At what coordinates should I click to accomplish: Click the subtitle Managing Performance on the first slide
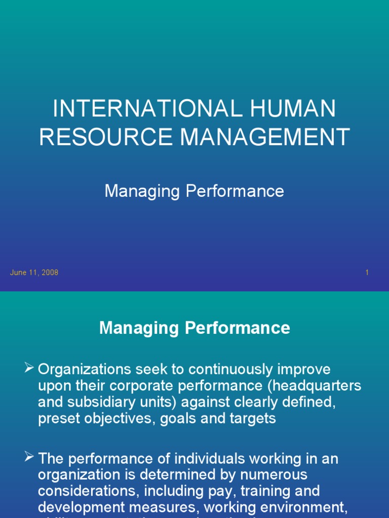194,191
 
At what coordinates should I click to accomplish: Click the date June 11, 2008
34,273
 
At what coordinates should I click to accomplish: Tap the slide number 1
367,273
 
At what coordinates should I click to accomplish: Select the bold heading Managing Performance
194,328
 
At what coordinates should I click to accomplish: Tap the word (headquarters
314,385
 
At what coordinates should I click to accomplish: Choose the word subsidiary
99,402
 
